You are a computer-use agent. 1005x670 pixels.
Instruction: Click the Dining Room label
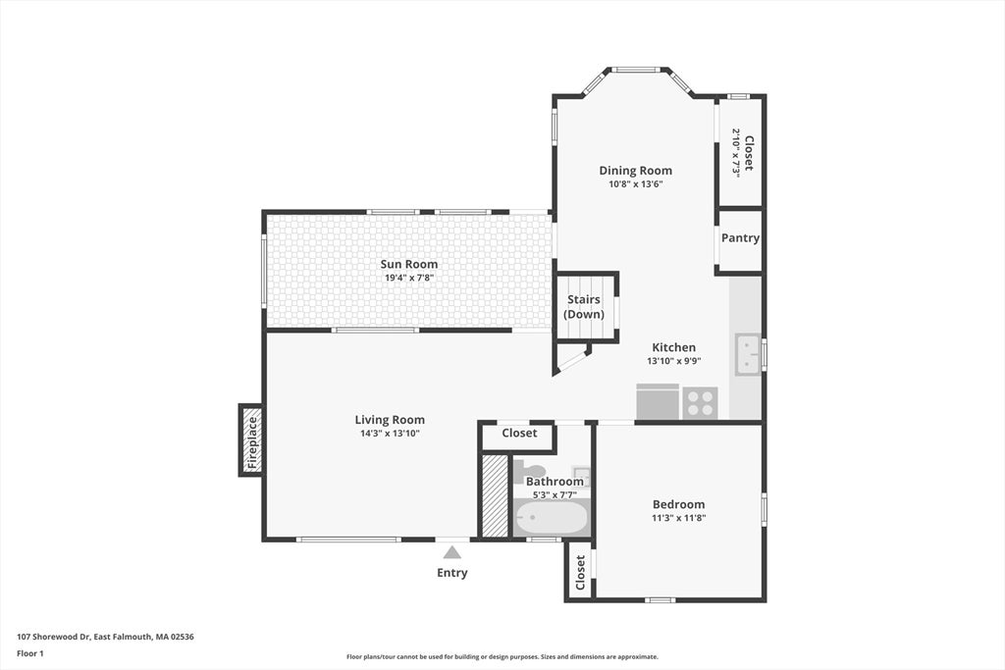(635, 171)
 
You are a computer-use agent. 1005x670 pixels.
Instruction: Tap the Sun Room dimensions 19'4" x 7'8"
(409, 278)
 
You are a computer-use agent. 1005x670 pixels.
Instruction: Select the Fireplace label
(252, 442)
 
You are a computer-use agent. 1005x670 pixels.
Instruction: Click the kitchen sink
(747, 353)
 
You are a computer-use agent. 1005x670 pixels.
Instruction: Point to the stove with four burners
(699, 403)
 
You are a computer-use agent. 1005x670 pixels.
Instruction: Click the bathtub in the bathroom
(552, 517)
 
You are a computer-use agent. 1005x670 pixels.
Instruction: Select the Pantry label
(740, 237)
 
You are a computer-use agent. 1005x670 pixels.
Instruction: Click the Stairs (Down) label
(584, 307)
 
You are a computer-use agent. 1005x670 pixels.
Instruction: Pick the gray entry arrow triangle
(452, 552)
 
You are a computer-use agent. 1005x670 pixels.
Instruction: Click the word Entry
(452, 573)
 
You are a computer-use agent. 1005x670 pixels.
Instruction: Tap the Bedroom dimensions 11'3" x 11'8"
(679, 518)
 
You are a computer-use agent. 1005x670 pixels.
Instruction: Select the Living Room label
(390, 420)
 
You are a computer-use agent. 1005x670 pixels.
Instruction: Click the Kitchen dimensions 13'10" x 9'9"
(673, 361)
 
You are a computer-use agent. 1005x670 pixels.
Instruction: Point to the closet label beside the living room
(519, 433)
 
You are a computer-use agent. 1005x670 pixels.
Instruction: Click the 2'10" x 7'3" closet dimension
(736, 153)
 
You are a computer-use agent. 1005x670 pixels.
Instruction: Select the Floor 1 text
(30, 654)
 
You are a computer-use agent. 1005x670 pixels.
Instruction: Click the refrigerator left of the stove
(658, 401)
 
